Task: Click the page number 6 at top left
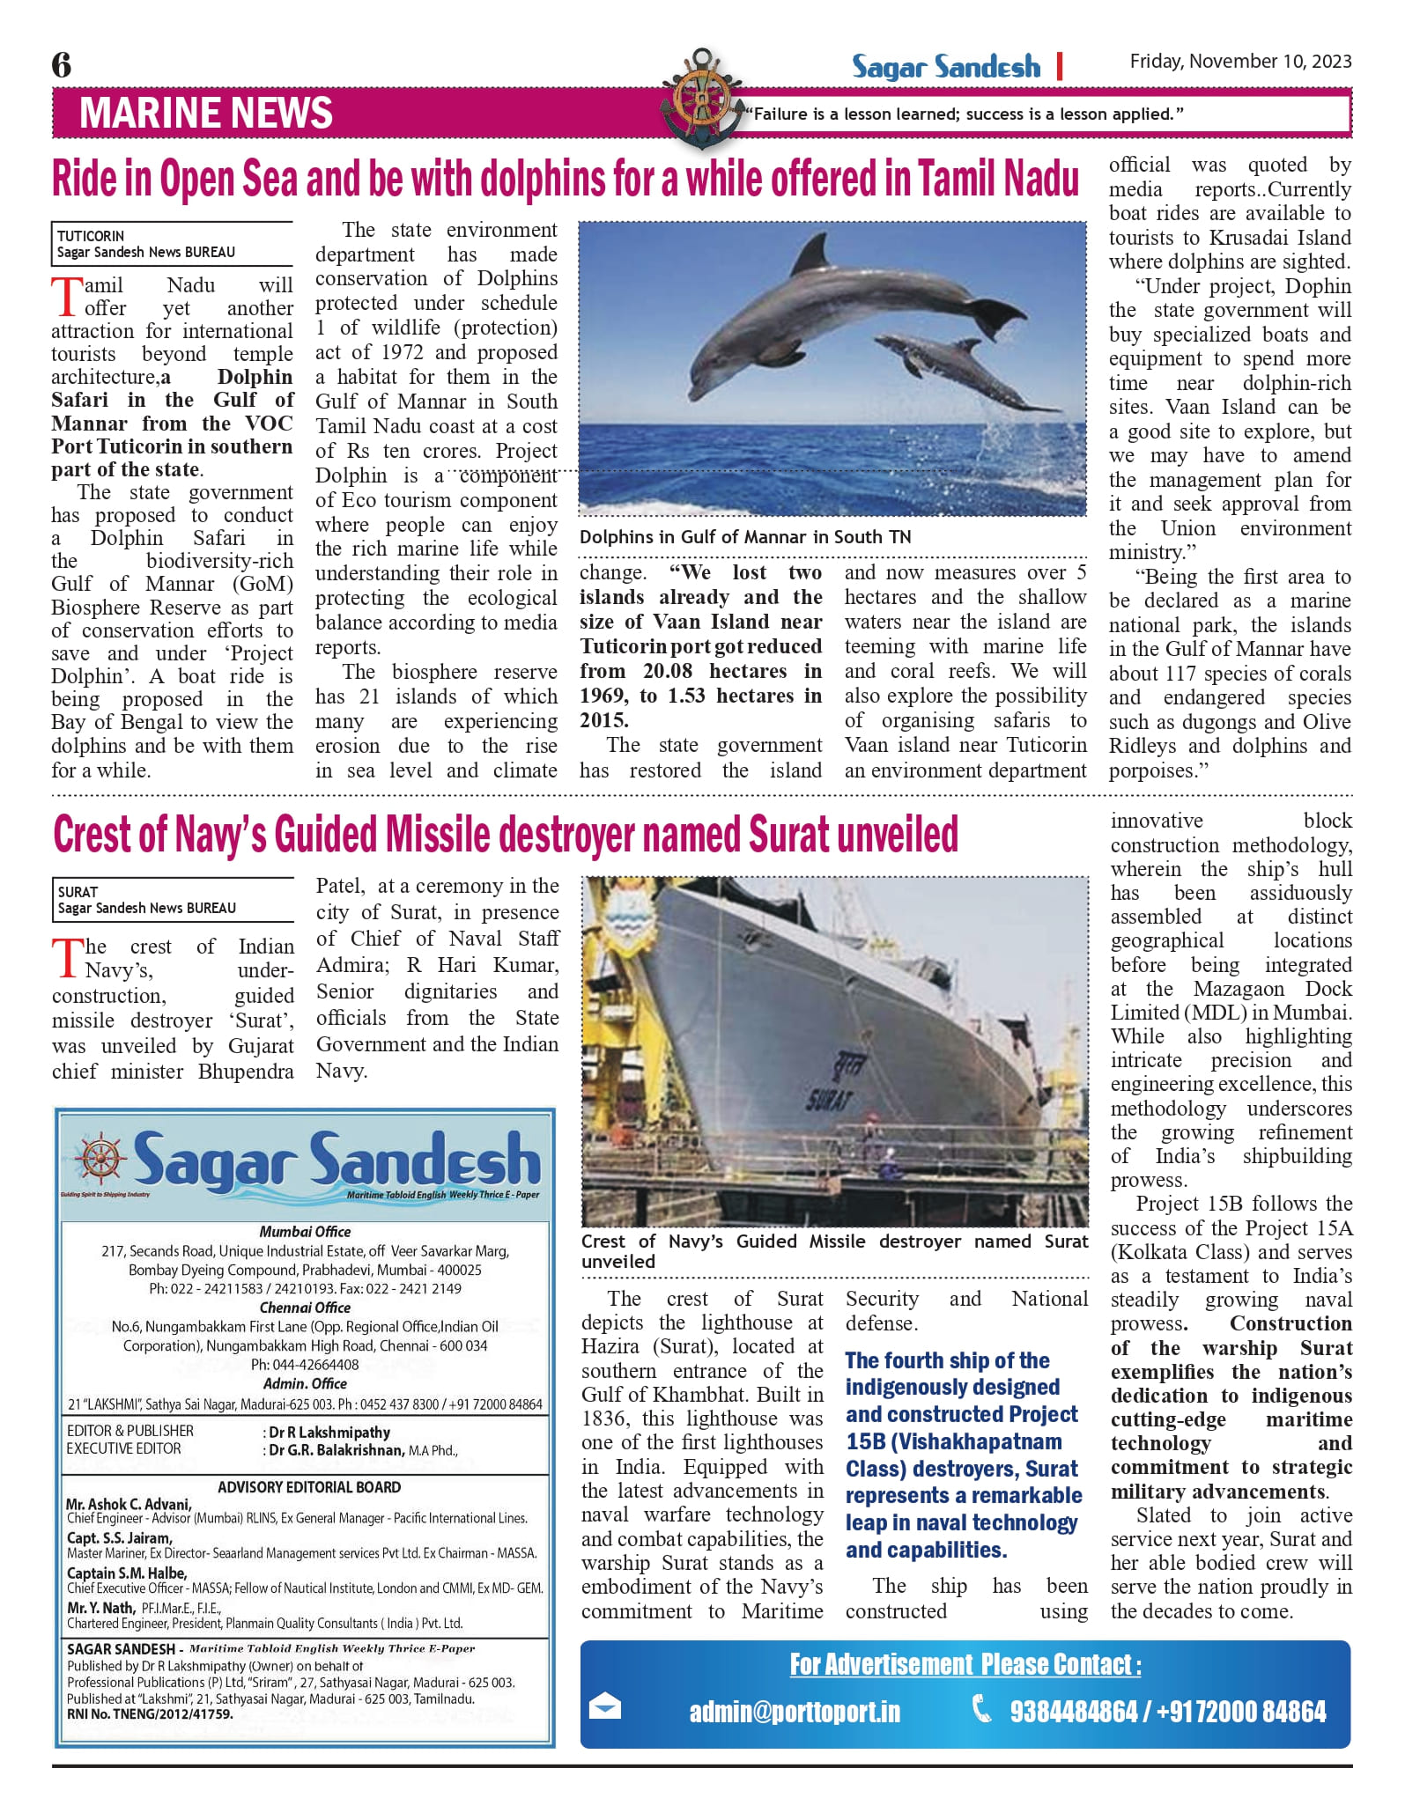coord(62,64)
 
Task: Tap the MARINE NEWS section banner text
coord(206,114)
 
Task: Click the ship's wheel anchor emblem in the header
coord(701,95)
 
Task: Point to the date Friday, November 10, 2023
coord(1240,61)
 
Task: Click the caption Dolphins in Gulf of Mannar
coord(745,537)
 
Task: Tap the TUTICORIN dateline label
coord(91,236)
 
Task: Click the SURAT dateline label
coord(78,892)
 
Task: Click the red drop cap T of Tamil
coord(67,297)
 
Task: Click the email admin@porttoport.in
coord(795,1711)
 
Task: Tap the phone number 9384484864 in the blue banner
coord(1074,1711)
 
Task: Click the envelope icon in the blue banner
coord(605,1707)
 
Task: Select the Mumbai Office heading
coord(305,1232)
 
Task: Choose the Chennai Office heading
coord(305,1308)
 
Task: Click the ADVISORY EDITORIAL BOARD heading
coord(309,1487)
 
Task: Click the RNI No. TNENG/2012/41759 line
coord(151,1714)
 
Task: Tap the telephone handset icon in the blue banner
coord(980,1708)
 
